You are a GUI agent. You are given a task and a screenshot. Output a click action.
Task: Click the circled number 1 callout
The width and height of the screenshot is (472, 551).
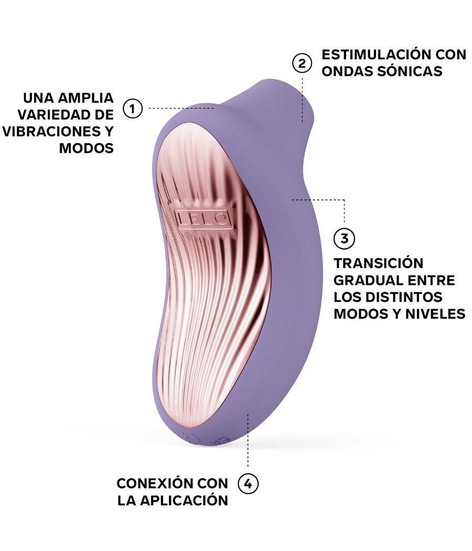click(x=133, y=109)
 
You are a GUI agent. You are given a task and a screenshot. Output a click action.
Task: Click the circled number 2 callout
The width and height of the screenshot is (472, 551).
click(x=302, y=63)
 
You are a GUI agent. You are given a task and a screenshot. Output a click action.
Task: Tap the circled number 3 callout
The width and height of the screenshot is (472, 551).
click(x=344, y=238)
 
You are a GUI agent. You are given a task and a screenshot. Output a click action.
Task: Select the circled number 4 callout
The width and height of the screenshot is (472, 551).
click(x=248, y=484)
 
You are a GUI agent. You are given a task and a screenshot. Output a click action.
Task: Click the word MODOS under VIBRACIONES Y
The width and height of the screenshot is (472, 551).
click(x=86, y=149)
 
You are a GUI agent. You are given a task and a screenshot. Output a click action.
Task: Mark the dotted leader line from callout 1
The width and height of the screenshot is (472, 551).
click(x=181, y=109)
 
